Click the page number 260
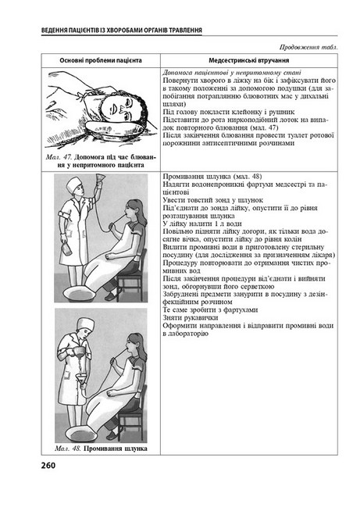click(48, 466)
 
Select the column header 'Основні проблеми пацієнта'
click(101, 60)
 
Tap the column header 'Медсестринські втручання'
click(248, 60)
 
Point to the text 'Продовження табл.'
click(308, 47)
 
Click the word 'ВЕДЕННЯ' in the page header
click(55, 30)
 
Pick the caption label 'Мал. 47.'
click(59, 157)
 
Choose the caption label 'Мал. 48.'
click(68, 449)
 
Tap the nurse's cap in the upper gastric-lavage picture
click(74, 184)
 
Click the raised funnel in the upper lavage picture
click(98, 178)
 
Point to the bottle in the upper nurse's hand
click(66, 249)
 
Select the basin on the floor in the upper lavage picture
click(80, 293)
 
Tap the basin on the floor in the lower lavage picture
click(81, 433)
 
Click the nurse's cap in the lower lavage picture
click(85, 324)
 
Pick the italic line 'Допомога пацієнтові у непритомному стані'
click(232, 73)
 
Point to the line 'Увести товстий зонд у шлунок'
click(212, 200)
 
